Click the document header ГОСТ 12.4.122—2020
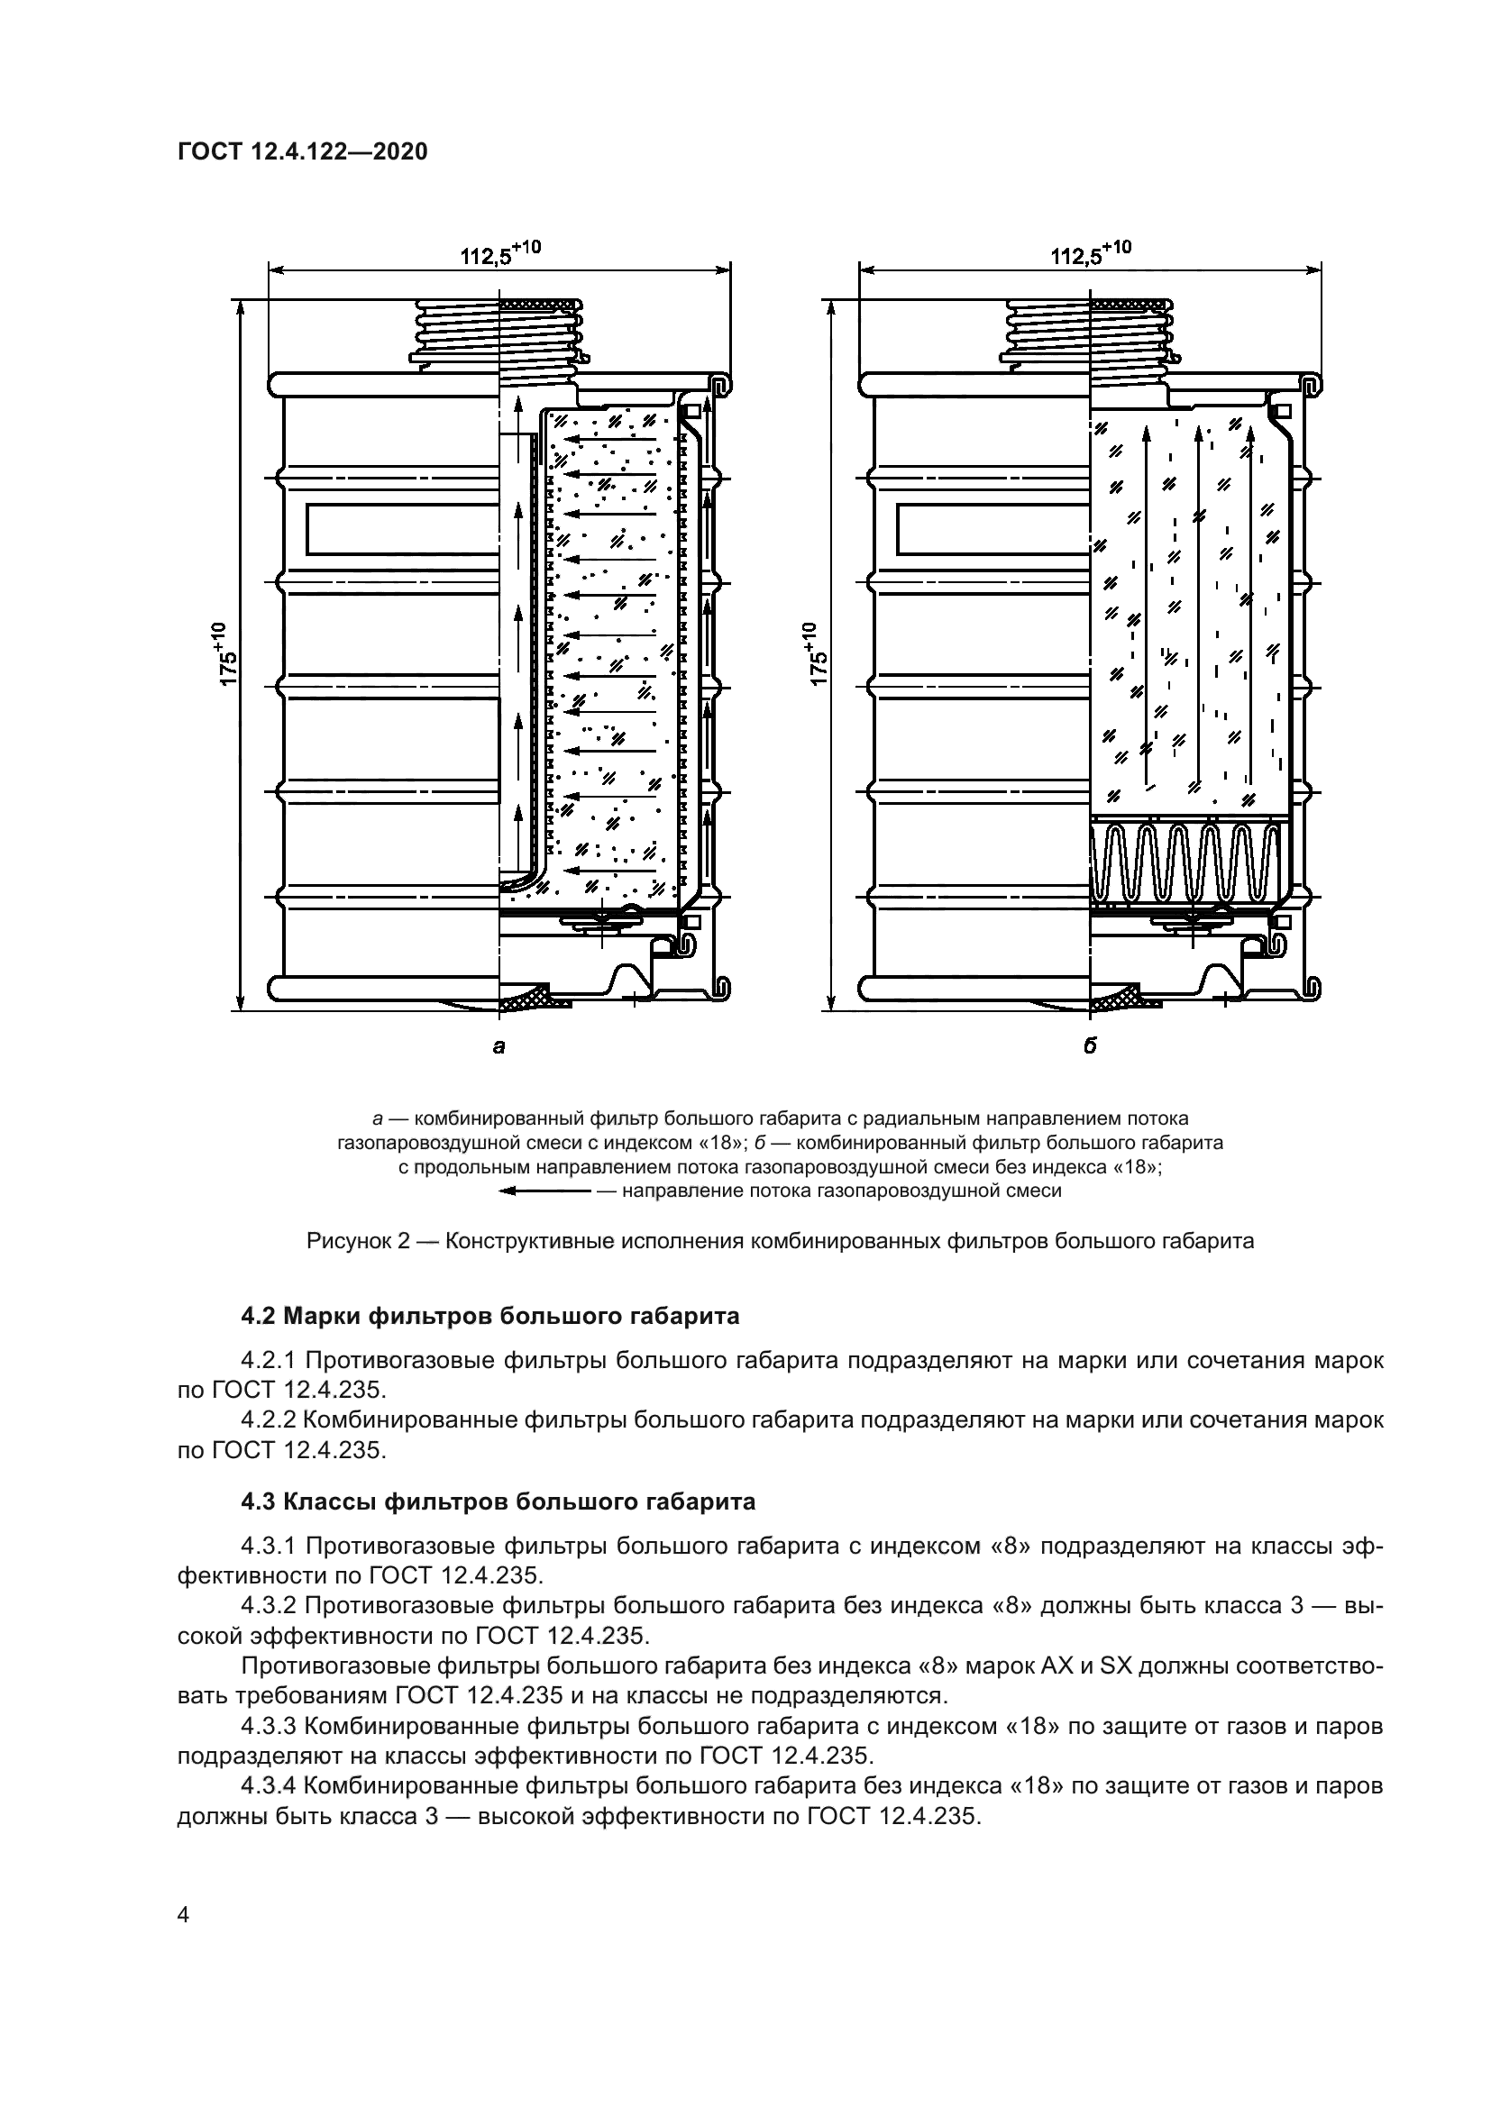[302, 152]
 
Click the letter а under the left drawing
[499, 1045]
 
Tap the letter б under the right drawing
[1090, 1045]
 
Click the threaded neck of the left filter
[496, 331]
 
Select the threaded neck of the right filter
[1087, 331]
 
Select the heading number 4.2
[259, 1317]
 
